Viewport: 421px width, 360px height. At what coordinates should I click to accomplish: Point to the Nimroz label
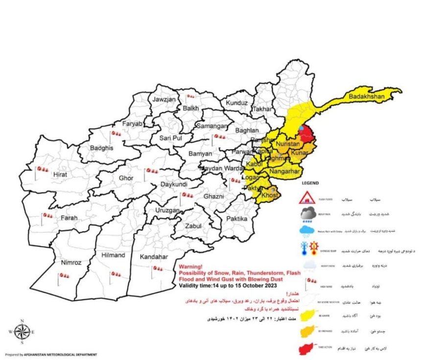click(x=71, y=263)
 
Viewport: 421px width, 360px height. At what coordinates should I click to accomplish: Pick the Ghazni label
click(x=213, y=196)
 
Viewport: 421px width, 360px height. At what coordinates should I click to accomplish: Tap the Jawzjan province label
click(x=164, y=99)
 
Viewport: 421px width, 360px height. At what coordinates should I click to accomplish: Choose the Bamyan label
click(x=201, y=154)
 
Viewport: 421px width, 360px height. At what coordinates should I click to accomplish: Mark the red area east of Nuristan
click(x=307, y=134)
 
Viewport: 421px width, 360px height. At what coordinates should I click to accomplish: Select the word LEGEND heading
click(x=310, y=183)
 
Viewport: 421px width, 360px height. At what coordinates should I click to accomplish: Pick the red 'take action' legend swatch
click(x=308, y=349)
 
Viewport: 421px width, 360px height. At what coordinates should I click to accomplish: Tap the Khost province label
click(x=270, y=195)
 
